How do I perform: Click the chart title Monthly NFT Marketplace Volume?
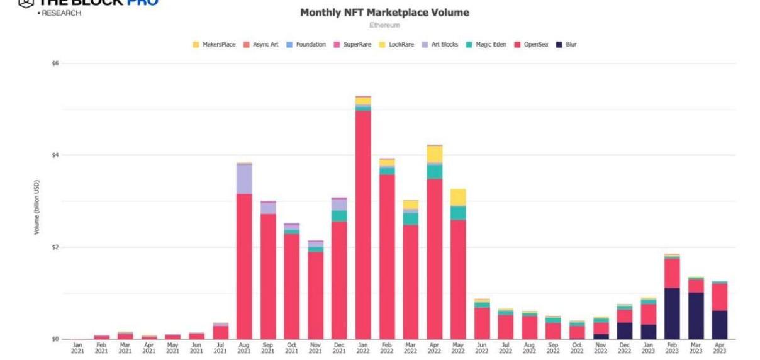pyautogui.click(x=384, y=13)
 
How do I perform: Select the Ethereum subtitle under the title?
pyautogui.click(x=384, y=25)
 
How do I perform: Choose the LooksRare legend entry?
pyautogui.click(x=401, y=45)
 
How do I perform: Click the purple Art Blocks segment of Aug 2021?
pyautogui.click(x=244, y=179)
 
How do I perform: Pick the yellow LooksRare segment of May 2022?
pyautogui.click(x=458, y=197)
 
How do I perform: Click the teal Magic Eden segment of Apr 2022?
pyautogui.click(x=434, y=172)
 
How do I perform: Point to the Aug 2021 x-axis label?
pyautogui.click(x=244, y=348)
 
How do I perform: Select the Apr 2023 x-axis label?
pyautogui.click(x=720, y=348)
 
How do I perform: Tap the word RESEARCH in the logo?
pyautogui.click(x=62, y=13)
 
